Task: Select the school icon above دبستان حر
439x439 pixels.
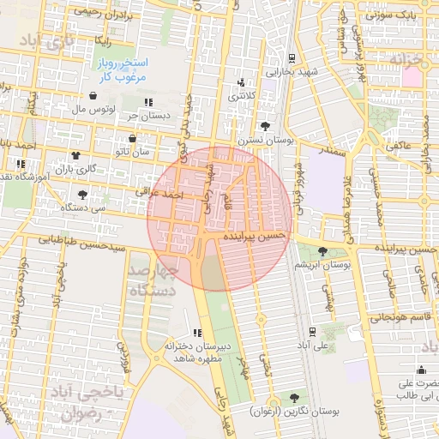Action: click(148, 102)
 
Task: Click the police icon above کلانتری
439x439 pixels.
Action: click(240, 83)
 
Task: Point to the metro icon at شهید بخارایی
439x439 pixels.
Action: click(292, 58)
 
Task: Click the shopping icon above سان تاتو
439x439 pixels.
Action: click(132, 138)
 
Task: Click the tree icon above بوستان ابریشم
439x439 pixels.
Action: click(322, 251)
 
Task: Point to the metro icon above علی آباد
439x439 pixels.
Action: click(311, 332)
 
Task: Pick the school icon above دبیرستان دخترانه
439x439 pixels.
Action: click(198, 333)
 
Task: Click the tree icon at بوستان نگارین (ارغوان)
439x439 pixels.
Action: click(295, 398)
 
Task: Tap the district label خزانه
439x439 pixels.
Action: click(409, 58)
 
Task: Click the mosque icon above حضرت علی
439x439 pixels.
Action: click(420, 370)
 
